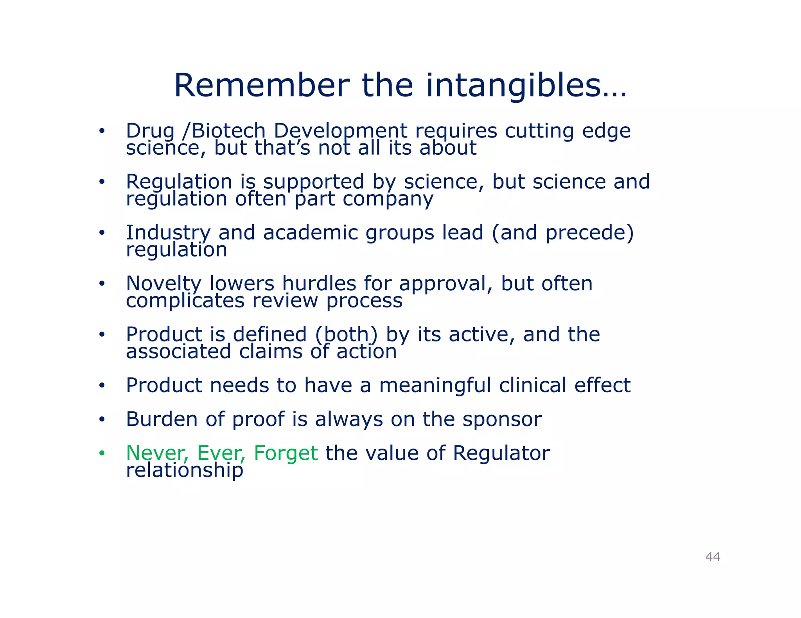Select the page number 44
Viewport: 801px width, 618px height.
(x=713, y=557)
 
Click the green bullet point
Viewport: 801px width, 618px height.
(x=102, y=453)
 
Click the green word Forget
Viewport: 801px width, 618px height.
(x=285, y=453)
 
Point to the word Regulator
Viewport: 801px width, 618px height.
(x=501, y=453)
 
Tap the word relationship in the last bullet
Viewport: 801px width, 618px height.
(x=184, y=470)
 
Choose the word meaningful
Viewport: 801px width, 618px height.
(x=435, y=386)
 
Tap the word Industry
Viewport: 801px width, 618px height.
(x=168, y=233)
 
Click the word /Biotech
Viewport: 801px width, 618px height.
(x=224, y=131)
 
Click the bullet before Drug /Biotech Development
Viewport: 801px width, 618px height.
(x=102, y=131)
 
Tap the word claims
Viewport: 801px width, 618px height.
(x=271, y=351)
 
